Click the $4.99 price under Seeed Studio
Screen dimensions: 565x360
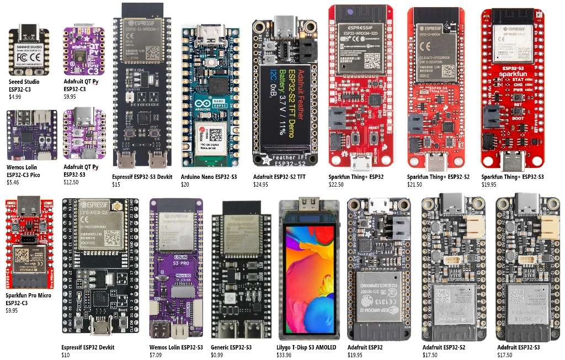click(15, 97)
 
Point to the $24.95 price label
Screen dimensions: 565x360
click(262, 184)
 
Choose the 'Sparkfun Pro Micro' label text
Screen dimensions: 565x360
click(28, 295)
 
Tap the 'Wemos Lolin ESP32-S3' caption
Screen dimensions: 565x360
click(176, 347)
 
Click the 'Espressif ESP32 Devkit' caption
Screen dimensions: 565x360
click(88, 347)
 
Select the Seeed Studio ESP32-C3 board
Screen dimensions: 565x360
click(29, 51)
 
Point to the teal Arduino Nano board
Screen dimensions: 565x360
click(210, 97)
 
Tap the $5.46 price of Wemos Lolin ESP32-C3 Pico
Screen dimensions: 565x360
click(13, 182)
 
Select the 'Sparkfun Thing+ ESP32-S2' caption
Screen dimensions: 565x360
click(438, 177)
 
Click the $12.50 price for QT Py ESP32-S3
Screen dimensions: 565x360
click(71, 182)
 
